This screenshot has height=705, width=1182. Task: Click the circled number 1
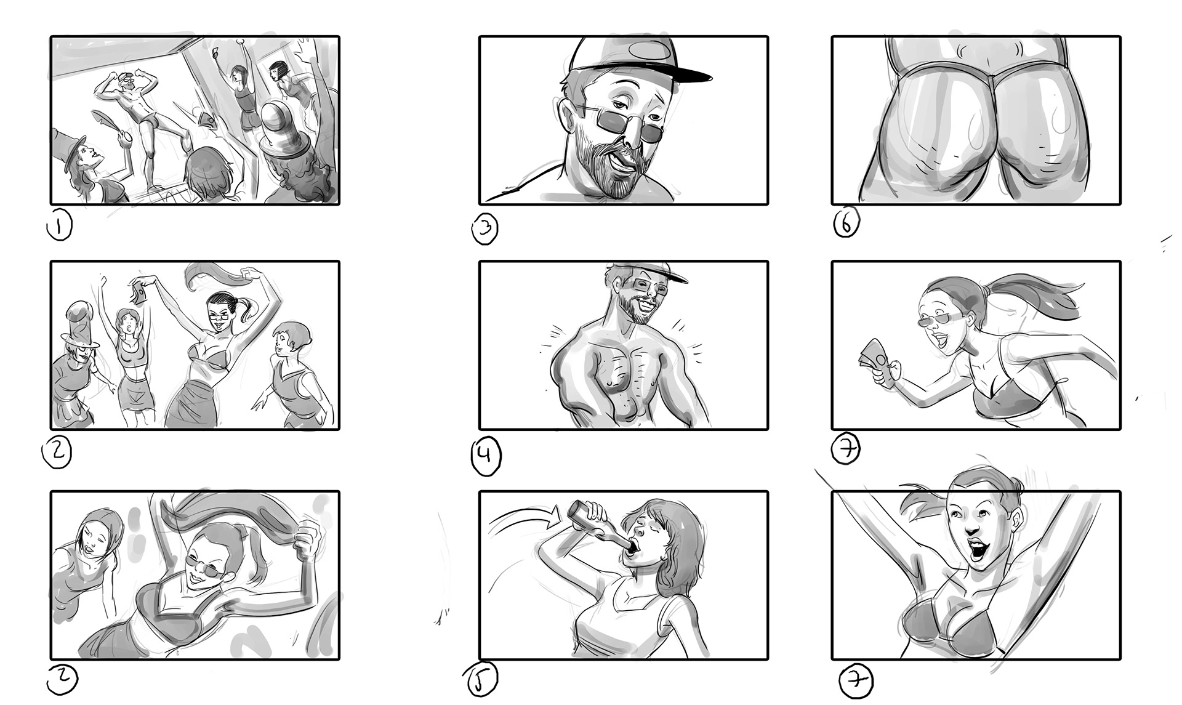(x=59, y=225)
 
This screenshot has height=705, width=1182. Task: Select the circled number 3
(x=485, y=229)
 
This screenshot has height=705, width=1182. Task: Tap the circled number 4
(x=486, y=456)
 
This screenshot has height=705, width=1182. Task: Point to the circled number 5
(x=480, y=680)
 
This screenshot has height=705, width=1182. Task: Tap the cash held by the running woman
(x=873, y=365)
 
